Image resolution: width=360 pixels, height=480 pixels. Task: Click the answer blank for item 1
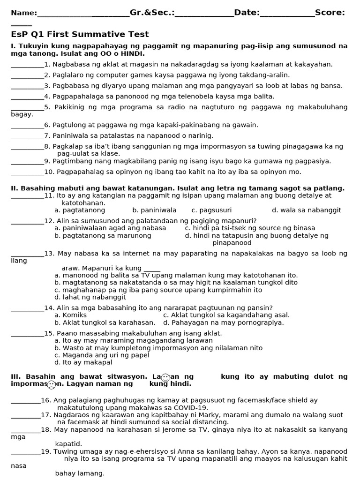27,65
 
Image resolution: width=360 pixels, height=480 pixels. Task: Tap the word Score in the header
330,12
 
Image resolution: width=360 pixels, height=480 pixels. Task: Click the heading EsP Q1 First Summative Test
80,34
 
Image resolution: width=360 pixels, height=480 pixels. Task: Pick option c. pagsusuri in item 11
211,210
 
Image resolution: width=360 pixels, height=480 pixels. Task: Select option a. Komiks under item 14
71,315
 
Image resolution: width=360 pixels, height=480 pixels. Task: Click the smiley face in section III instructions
165,377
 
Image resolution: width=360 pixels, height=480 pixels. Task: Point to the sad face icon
52,385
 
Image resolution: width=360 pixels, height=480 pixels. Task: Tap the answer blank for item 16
25,401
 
